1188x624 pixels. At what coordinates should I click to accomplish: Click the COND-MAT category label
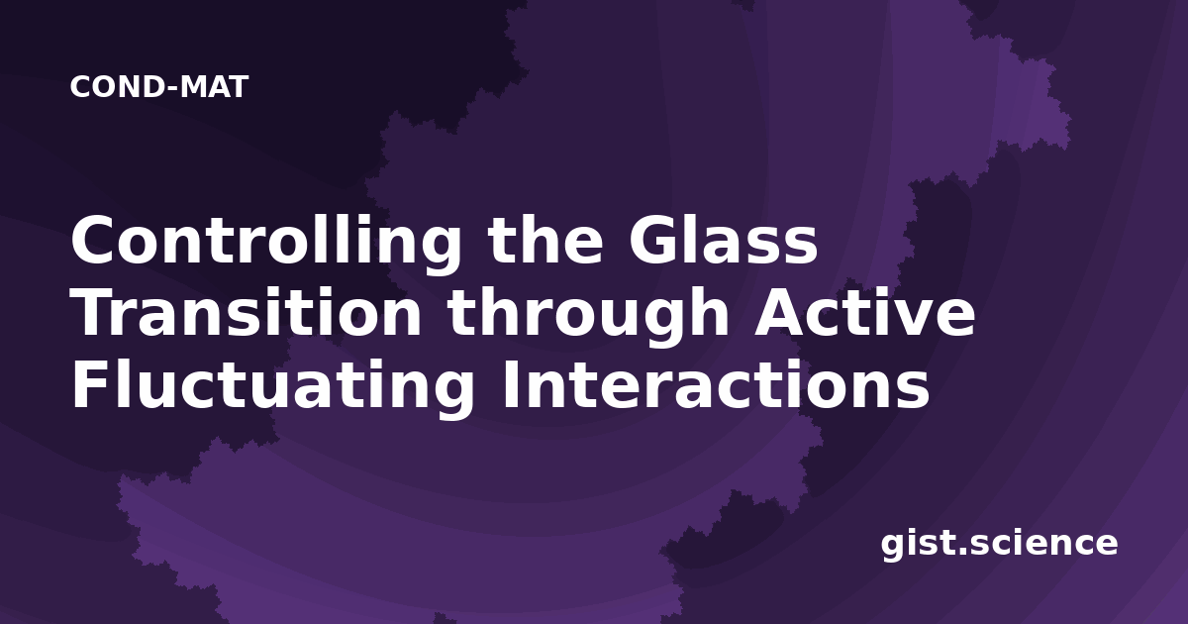coord(159,87)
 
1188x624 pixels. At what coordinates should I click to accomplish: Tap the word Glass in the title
coord(724,240)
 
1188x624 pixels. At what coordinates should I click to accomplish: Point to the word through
coord(589,317)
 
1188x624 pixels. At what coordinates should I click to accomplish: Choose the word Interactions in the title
coord(716,384)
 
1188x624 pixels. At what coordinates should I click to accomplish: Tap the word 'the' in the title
coord(545,240)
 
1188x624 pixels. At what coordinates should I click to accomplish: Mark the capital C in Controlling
coord(93,240)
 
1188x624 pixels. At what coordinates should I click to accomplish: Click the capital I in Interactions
coord(510,384)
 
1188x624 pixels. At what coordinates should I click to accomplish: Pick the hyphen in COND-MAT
coord(170,89)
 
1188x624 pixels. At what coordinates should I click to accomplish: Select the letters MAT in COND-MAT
coord(214,87)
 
